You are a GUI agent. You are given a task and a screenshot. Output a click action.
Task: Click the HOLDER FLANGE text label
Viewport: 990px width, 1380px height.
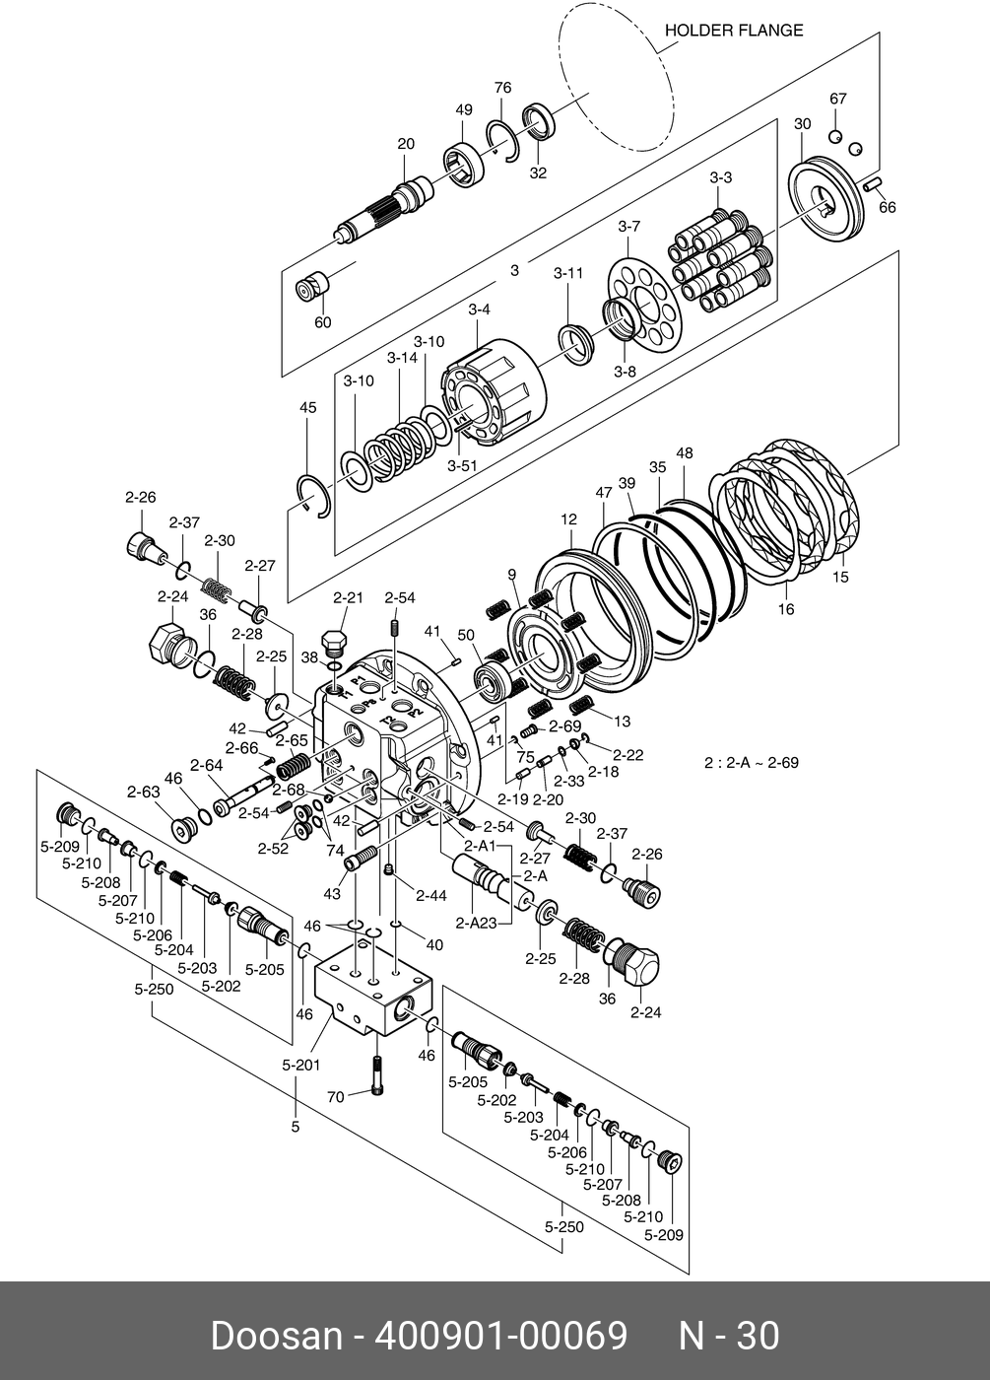733,31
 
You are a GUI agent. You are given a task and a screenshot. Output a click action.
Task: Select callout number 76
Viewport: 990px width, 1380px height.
502,88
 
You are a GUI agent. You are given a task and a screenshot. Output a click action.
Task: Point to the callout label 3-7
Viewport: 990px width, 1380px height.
629,227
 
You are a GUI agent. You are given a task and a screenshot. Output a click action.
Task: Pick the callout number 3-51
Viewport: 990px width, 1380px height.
463,465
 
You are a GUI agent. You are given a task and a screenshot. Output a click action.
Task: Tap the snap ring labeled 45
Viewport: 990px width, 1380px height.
314,493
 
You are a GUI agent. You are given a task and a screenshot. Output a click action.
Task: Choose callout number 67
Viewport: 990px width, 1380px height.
837,99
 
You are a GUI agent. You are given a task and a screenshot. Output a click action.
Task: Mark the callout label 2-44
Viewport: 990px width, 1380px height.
430,895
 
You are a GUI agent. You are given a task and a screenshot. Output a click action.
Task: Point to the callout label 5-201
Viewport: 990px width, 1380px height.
301,1065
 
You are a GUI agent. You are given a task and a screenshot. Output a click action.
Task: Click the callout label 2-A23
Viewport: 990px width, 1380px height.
476,924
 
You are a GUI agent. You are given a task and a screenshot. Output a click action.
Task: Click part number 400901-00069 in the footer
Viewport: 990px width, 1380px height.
501,1337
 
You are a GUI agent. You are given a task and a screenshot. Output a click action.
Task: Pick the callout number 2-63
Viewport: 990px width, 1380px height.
143,791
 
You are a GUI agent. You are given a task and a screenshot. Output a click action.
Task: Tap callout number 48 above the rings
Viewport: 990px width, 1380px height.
684,453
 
